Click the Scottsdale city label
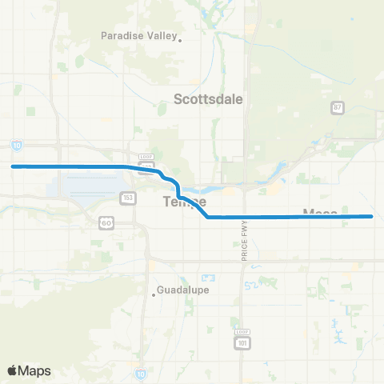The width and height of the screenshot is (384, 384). tap(208, 100)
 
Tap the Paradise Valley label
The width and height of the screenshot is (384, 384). tap(138, 36)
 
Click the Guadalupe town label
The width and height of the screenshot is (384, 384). tap(182, 290)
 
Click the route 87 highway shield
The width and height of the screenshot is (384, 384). tap(338, 107)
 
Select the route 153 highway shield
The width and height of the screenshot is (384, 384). tap(127, 197)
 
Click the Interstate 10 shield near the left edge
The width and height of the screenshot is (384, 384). tap(18, 145)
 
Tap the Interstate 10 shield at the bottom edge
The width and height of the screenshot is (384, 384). tap(141, 374)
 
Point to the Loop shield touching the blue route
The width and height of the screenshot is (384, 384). tap(146, 165)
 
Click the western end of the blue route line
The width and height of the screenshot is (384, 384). tap(12, 166)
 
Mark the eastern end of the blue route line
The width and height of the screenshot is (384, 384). tap(372, 216)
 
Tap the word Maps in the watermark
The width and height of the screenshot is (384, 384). tap(35, 370)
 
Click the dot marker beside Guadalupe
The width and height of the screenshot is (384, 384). tap(154, 294)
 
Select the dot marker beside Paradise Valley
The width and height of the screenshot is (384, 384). tap(180, 40)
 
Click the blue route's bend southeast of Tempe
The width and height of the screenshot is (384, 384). tap(207, 216)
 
